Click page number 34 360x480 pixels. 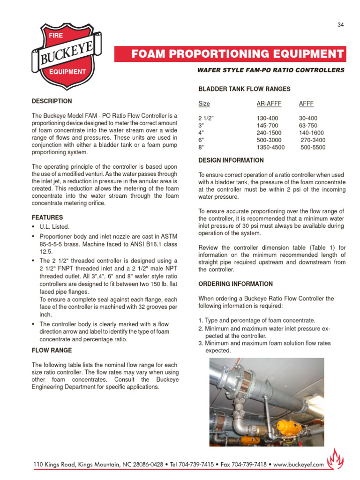tap(341, 25)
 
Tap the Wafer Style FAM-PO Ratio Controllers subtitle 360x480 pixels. tap(271, 70)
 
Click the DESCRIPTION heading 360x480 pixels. tap(52, 101)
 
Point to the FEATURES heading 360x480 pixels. tap(47, 217)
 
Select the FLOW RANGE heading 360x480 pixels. tap(52, 350)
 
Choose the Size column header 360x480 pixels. tap(204, 104)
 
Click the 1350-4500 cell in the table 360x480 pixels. tap(270, 147)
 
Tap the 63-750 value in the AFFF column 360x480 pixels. tap(308, 126)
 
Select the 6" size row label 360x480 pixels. tap(202, 140)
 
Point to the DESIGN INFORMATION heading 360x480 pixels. tap(231, 160)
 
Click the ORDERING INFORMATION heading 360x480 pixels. tap(235, 284)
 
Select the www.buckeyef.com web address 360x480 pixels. tap(299, 465)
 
